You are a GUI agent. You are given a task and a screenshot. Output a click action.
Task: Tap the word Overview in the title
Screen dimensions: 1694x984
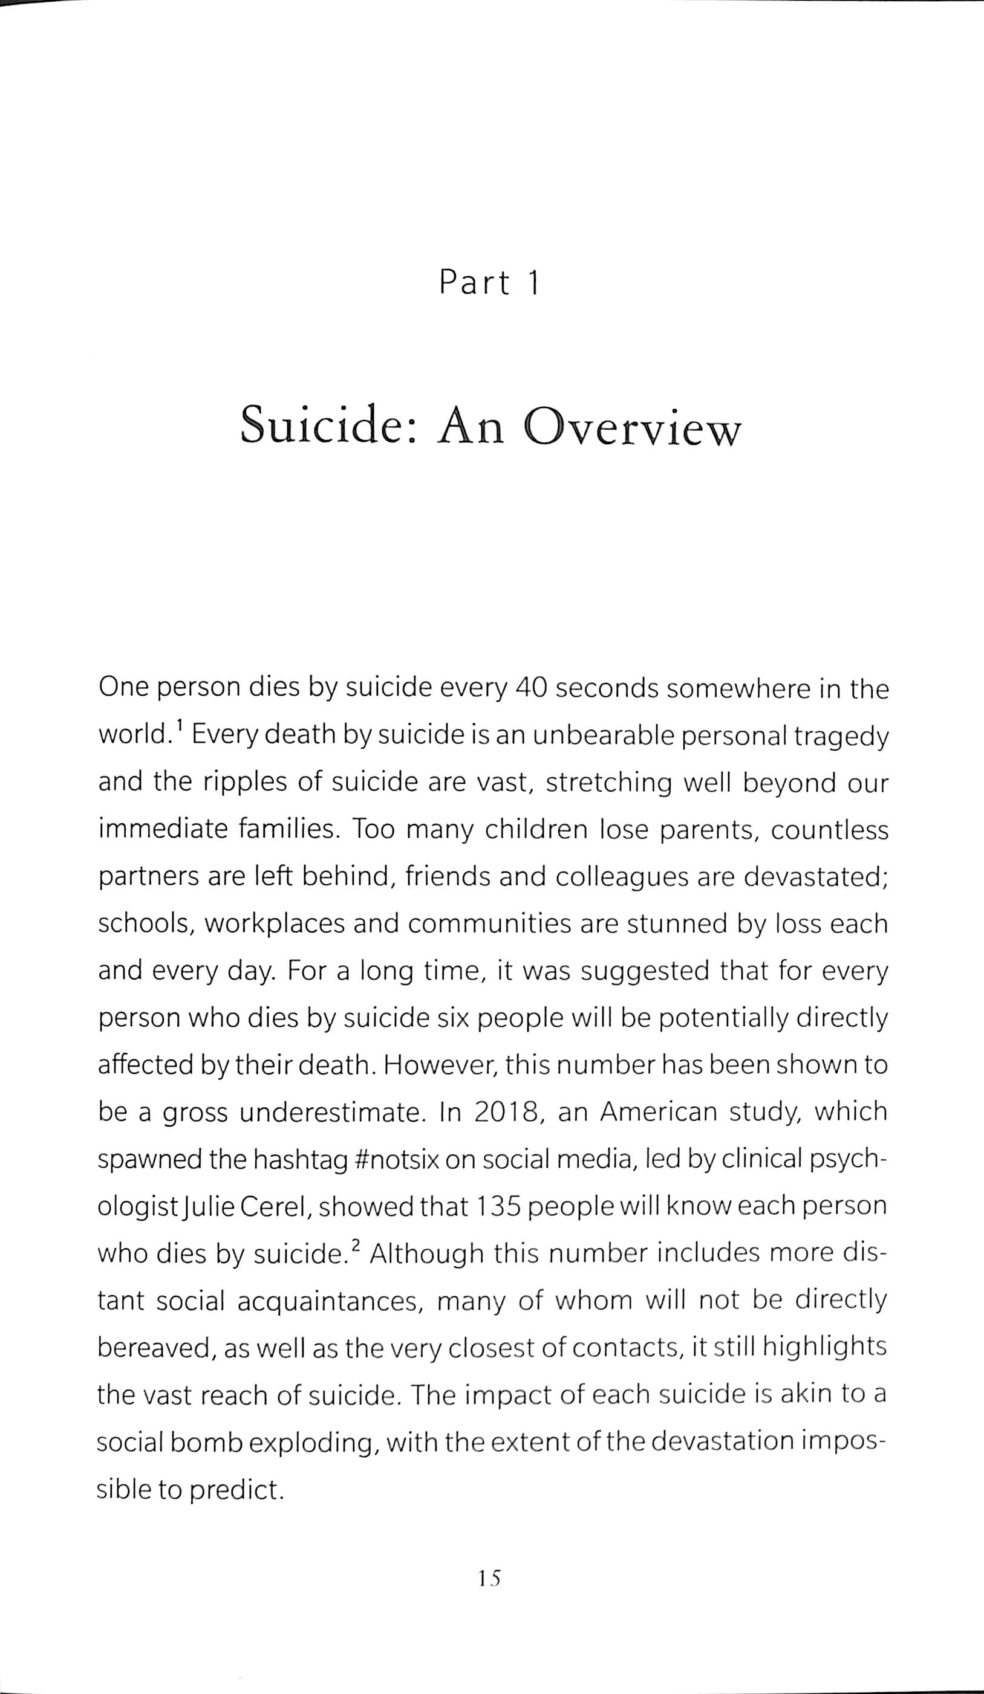(632, 427)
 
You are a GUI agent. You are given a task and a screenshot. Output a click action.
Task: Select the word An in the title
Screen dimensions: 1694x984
(470, 427)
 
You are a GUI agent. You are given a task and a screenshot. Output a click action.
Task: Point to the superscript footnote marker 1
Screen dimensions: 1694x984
(180, 726)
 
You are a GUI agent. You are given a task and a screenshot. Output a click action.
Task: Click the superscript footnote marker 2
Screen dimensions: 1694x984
(356, 1246)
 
